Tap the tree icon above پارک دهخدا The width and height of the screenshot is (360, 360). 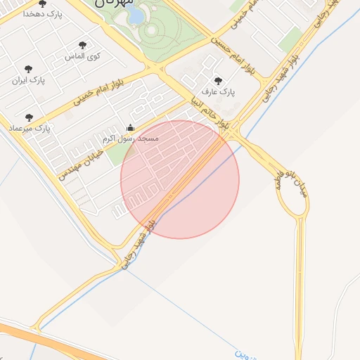43,4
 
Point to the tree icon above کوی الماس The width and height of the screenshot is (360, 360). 84,44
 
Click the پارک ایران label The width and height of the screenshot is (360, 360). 28,80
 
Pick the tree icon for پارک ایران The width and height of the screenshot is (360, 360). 28,69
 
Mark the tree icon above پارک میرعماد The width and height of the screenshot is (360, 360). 29,117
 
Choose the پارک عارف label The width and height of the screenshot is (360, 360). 218,91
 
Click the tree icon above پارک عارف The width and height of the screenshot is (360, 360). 218,80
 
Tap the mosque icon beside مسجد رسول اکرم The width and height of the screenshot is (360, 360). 130,128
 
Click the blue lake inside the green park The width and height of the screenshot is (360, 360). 136,14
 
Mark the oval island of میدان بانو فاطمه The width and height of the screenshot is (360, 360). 291,200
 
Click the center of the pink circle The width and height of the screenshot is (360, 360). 180,179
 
